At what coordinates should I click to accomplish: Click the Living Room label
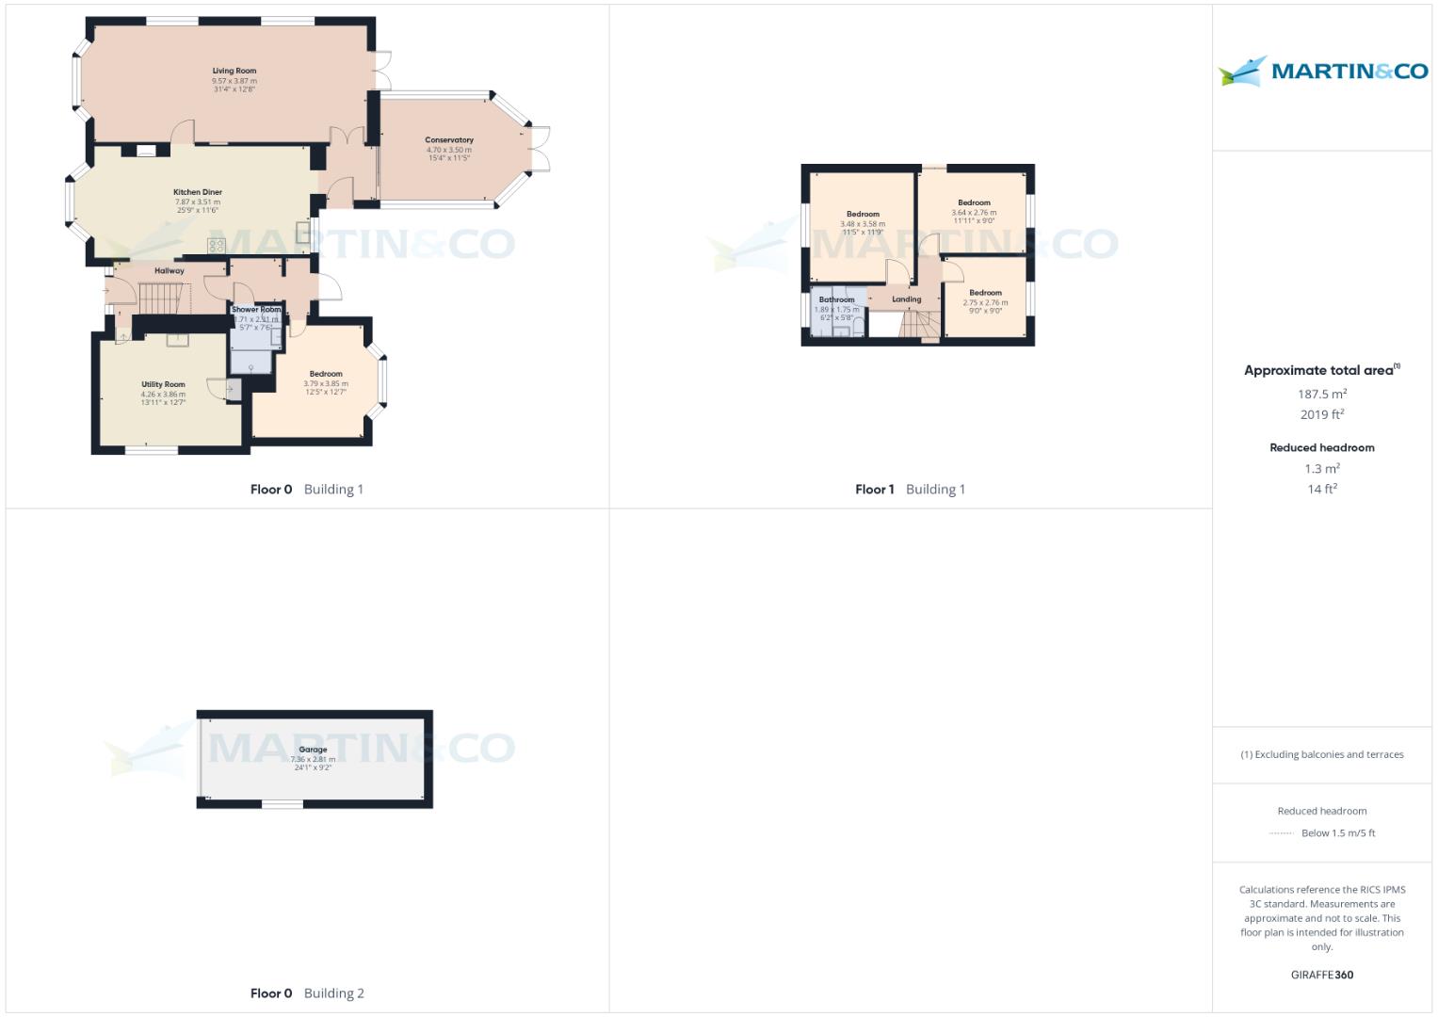pyautogui.click(x=234, y=71)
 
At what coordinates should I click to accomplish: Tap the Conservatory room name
pyautogui.click(x=449, y=140)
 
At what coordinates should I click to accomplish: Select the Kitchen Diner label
pyautogui.click(x=198, y=192)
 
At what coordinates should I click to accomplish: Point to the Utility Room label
pyautogui.click(x=163, y=384)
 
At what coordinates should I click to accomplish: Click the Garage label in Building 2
pyautogui.click(x=313, y=750)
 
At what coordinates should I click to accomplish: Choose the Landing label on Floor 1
pyautogui.click(x=907, y=299)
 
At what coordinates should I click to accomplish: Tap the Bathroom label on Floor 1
pyautogui.click(x=836, y=299)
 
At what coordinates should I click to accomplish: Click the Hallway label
pyautogui.click(x=170, y=271)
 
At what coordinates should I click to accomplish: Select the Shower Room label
pyautogui.click(x=256, y=310)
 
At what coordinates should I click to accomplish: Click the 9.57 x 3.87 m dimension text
pyautogui.click(x=234, y=81)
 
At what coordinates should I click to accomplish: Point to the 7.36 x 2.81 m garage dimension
pyautogui.click(x=313, y=759)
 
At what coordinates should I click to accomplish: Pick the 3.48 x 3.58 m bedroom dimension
pyautogui.click(x=863, y=224)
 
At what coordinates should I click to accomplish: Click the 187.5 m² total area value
pyautogui.click(x=1322, y=395)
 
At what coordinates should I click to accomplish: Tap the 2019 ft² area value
pyautogui.click(x=1322, y=414)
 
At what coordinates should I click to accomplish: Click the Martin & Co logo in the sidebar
pyautogui.click(x=1323, y=72)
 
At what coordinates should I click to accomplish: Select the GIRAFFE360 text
pyautogui.click(x=1322, y=975)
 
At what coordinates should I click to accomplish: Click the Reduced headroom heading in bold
pyautogui.click(x=1322, y=447)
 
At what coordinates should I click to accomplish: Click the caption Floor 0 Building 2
pyautogui.click(x=307, y=993)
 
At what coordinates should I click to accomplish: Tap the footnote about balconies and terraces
pyautogui.click(x=1322, y=754)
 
